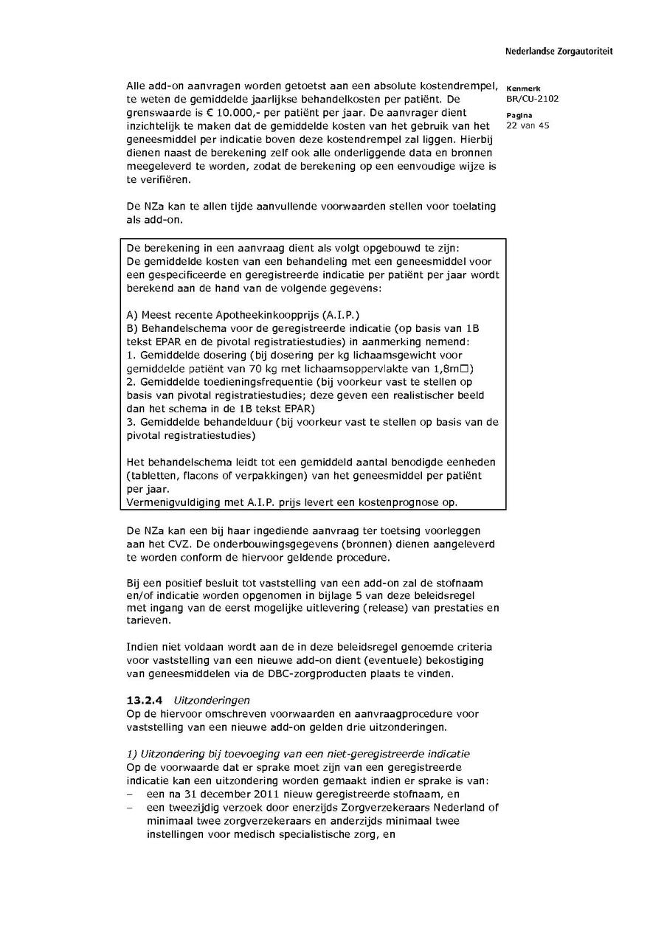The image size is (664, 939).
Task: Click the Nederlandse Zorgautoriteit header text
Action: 558,52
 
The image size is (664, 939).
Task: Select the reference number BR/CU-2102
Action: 533,98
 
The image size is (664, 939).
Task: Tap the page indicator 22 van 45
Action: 528,125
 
